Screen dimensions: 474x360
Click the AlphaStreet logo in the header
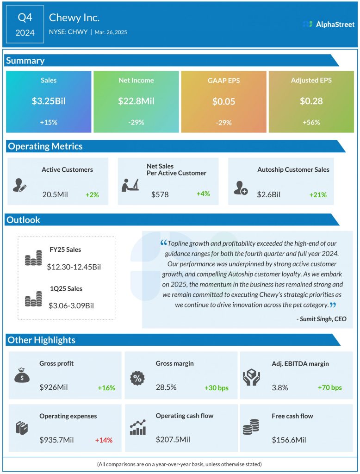[328, 24]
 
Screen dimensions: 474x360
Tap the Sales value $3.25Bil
[48, 101]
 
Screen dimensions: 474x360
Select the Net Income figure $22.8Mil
[136, 101]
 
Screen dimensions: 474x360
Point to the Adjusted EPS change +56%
[311, 122]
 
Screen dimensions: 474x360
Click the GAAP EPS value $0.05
[223, 101]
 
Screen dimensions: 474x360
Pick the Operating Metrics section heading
[45, 146]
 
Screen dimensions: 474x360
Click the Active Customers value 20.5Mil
[55, 194]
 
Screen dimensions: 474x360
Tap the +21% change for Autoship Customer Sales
[318, 194]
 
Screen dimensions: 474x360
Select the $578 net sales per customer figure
[160, 194]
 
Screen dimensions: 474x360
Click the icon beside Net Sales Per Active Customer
[130, 185]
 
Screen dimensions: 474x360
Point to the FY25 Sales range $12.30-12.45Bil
[74, 267]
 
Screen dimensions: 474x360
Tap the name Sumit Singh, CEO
[321, 318]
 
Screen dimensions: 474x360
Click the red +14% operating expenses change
[104, 440]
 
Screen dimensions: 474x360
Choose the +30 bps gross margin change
[217, 387]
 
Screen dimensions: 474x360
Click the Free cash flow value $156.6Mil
[289, 440]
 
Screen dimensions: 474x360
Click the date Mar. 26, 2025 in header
[112, 32]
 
